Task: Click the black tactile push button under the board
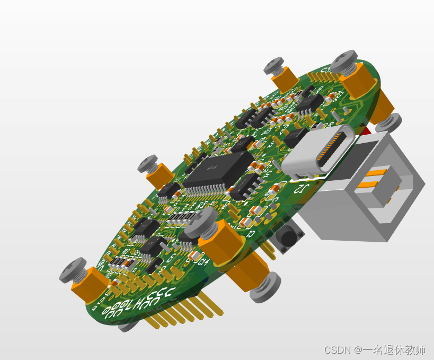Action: pos(288,238)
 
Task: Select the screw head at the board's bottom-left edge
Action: pos(73,270)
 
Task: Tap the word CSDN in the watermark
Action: pos(337,350)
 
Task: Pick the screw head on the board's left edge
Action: pos(148,163)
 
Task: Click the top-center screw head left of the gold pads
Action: pos(275,66)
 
